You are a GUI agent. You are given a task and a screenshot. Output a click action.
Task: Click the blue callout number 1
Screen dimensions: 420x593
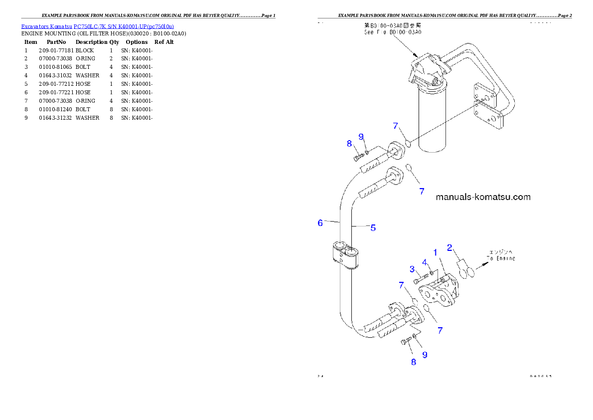pos(435,253)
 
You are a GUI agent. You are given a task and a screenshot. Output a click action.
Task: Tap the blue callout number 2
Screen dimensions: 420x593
pos(449,247)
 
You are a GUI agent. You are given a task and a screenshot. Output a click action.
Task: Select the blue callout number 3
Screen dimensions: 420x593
pos(413,269)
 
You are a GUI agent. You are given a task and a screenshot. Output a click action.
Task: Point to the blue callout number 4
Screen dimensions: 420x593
pos(425,262)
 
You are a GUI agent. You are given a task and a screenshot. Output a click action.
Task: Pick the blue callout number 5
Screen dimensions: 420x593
pos(373,228)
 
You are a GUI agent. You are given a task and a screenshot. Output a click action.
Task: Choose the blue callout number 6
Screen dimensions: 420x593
pos(320,223)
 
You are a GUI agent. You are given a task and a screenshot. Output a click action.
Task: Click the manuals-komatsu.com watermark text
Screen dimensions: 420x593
pos(483,197)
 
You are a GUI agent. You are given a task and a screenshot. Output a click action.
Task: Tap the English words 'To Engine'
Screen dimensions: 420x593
pos(501,258)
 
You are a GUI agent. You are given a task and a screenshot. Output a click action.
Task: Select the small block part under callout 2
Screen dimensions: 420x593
pos(461,263)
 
